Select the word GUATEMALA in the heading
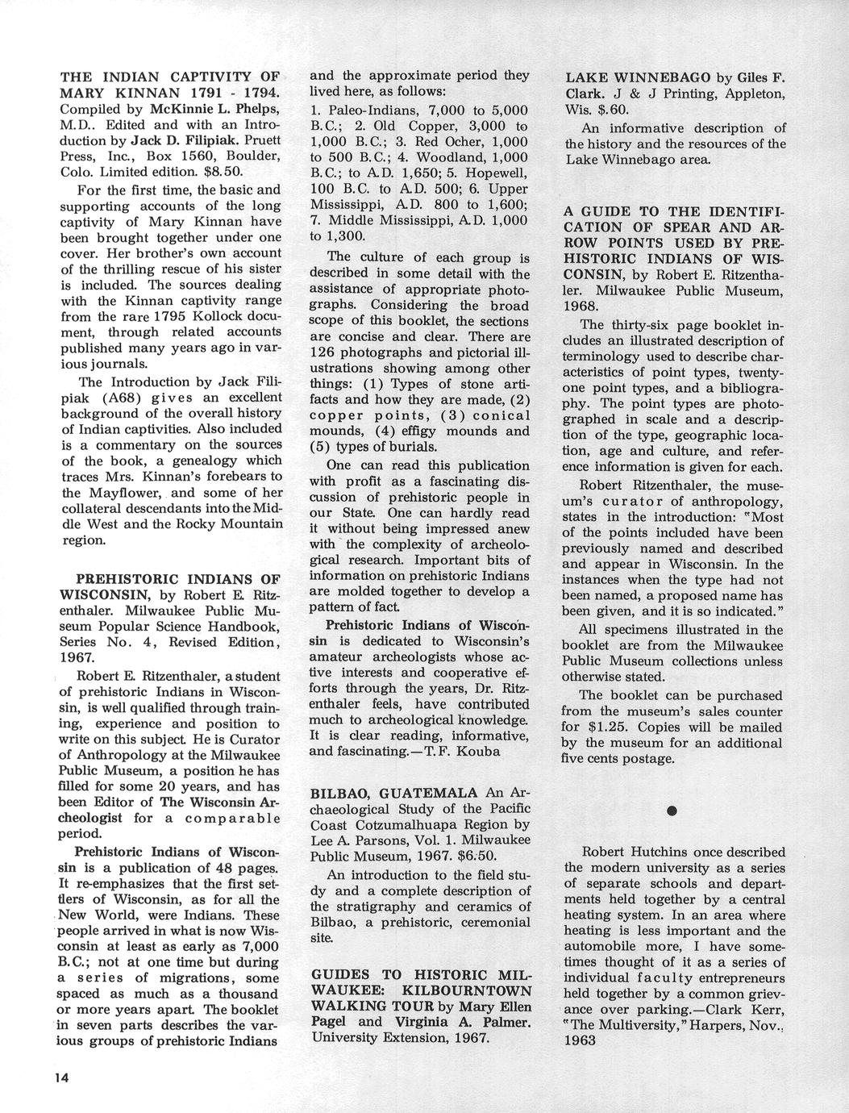point(414,792)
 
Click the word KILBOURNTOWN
point(467,990)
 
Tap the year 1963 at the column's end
point(580,1040)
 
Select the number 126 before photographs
point(325,352)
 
